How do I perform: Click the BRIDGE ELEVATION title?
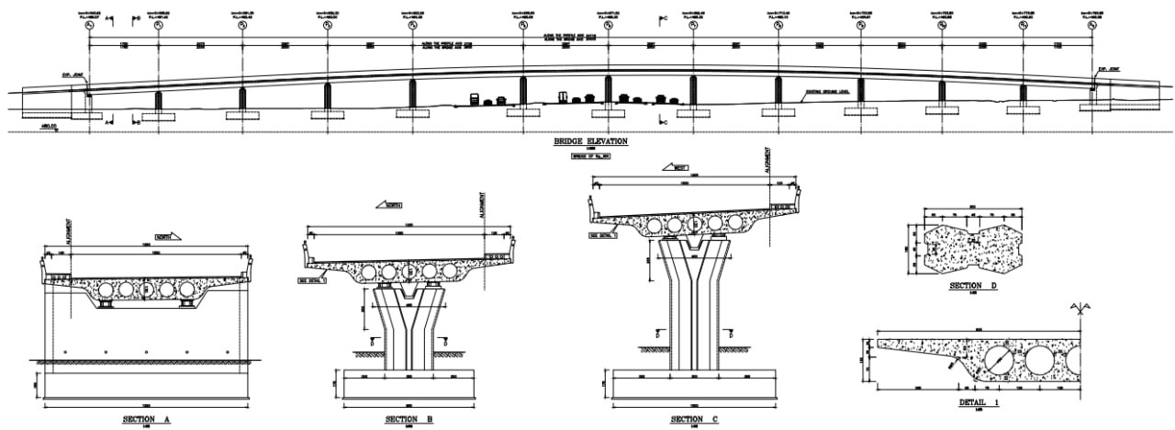[x=590, y=142]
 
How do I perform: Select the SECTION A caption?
[x=148, y=419]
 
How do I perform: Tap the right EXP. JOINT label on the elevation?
[x=1109, y=68]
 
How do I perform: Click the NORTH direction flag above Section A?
[x=168, y=236]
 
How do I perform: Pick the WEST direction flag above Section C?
[x=677, y=169]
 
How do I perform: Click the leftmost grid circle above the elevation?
[x=89, y=26]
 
